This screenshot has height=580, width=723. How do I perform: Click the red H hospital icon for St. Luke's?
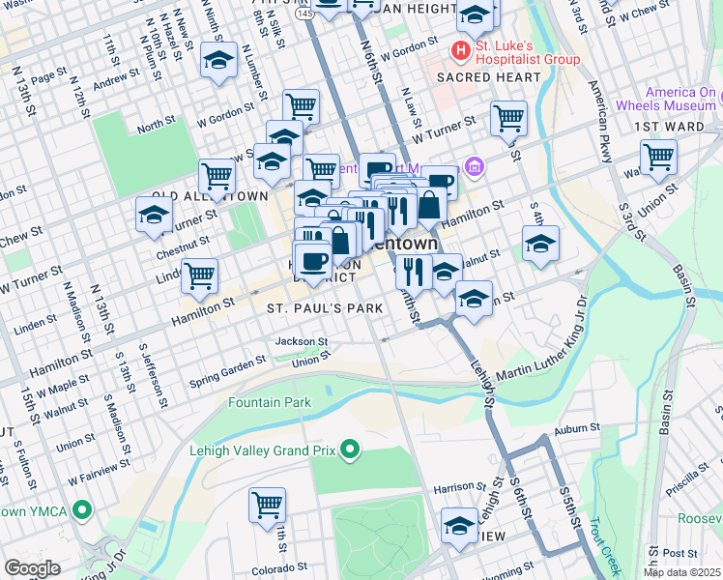coord(461,48)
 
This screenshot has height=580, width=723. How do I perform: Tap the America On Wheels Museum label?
coord(667,99)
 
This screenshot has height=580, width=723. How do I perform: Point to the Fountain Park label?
coord(270,401)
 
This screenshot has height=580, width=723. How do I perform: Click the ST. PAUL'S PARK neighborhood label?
coord(325,307)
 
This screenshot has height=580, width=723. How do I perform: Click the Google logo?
coord(32,568)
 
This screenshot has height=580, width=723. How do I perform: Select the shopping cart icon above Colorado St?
coord(268,504)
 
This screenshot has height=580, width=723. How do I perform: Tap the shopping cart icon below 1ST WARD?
coord(658,156)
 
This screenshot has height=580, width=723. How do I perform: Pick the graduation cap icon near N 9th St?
coord(219,61)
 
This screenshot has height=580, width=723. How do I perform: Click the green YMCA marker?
coord(81,509)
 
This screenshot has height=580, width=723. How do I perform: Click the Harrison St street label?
coord(457,487)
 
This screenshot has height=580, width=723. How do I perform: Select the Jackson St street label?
coord(302,341)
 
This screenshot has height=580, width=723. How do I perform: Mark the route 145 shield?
coord(304,14)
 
